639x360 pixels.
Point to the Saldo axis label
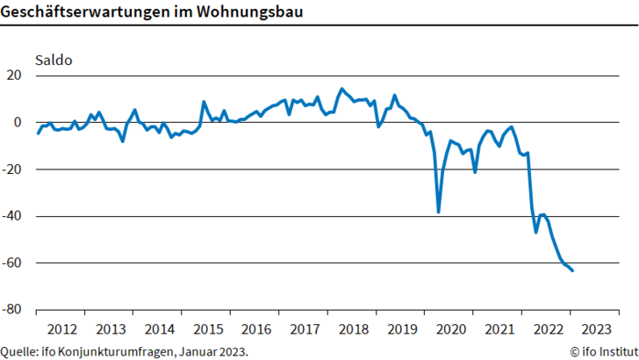(x=53, y=61)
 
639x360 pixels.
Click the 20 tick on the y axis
(x=14, y=76)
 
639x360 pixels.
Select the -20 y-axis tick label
(x=12, y=169)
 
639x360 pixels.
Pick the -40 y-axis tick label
(x=12, y=216)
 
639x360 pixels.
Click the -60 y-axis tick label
(x=12, y=263)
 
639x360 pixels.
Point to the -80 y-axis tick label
(x=12, y=310)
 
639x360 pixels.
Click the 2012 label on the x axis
(x=61, y=329)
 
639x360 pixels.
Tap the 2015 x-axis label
(x=207, y=329)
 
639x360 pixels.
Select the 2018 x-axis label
(x=353, y=329)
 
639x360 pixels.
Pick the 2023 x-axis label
(x=596, y=329)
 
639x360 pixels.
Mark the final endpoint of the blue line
(x=573, y=270)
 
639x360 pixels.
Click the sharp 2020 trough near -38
(x=438, y=212)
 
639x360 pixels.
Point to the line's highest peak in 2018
(x=341, y=89)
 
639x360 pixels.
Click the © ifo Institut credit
(x=603, y=351)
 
